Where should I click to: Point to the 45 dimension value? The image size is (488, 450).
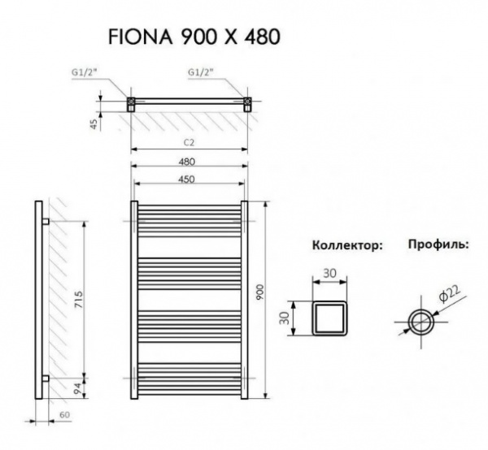point(94,123)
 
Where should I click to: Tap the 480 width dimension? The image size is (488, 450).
point(190,161)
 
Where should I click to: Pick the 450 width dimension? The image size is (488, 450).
point(190,180)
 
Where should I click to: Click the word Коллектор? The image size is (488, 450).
point(346,245)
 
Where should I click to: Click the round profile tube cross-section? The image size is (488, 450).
point(421,318)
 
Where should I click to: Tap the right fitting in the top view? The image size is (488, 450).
point(248,104)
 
